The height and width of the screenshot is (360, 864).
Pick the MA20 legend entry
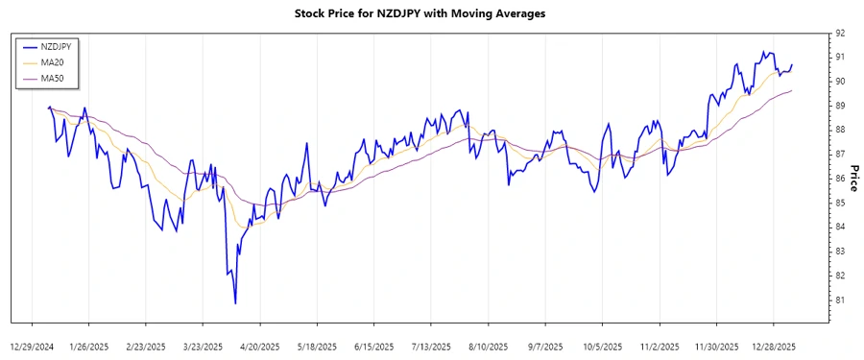53,61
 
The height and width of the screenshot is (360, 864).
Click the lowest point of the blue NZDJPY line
235,303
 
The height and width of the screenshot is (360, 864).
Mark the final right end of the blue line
792,65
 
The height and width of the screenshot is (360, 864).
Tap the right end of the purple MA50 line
792,91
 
